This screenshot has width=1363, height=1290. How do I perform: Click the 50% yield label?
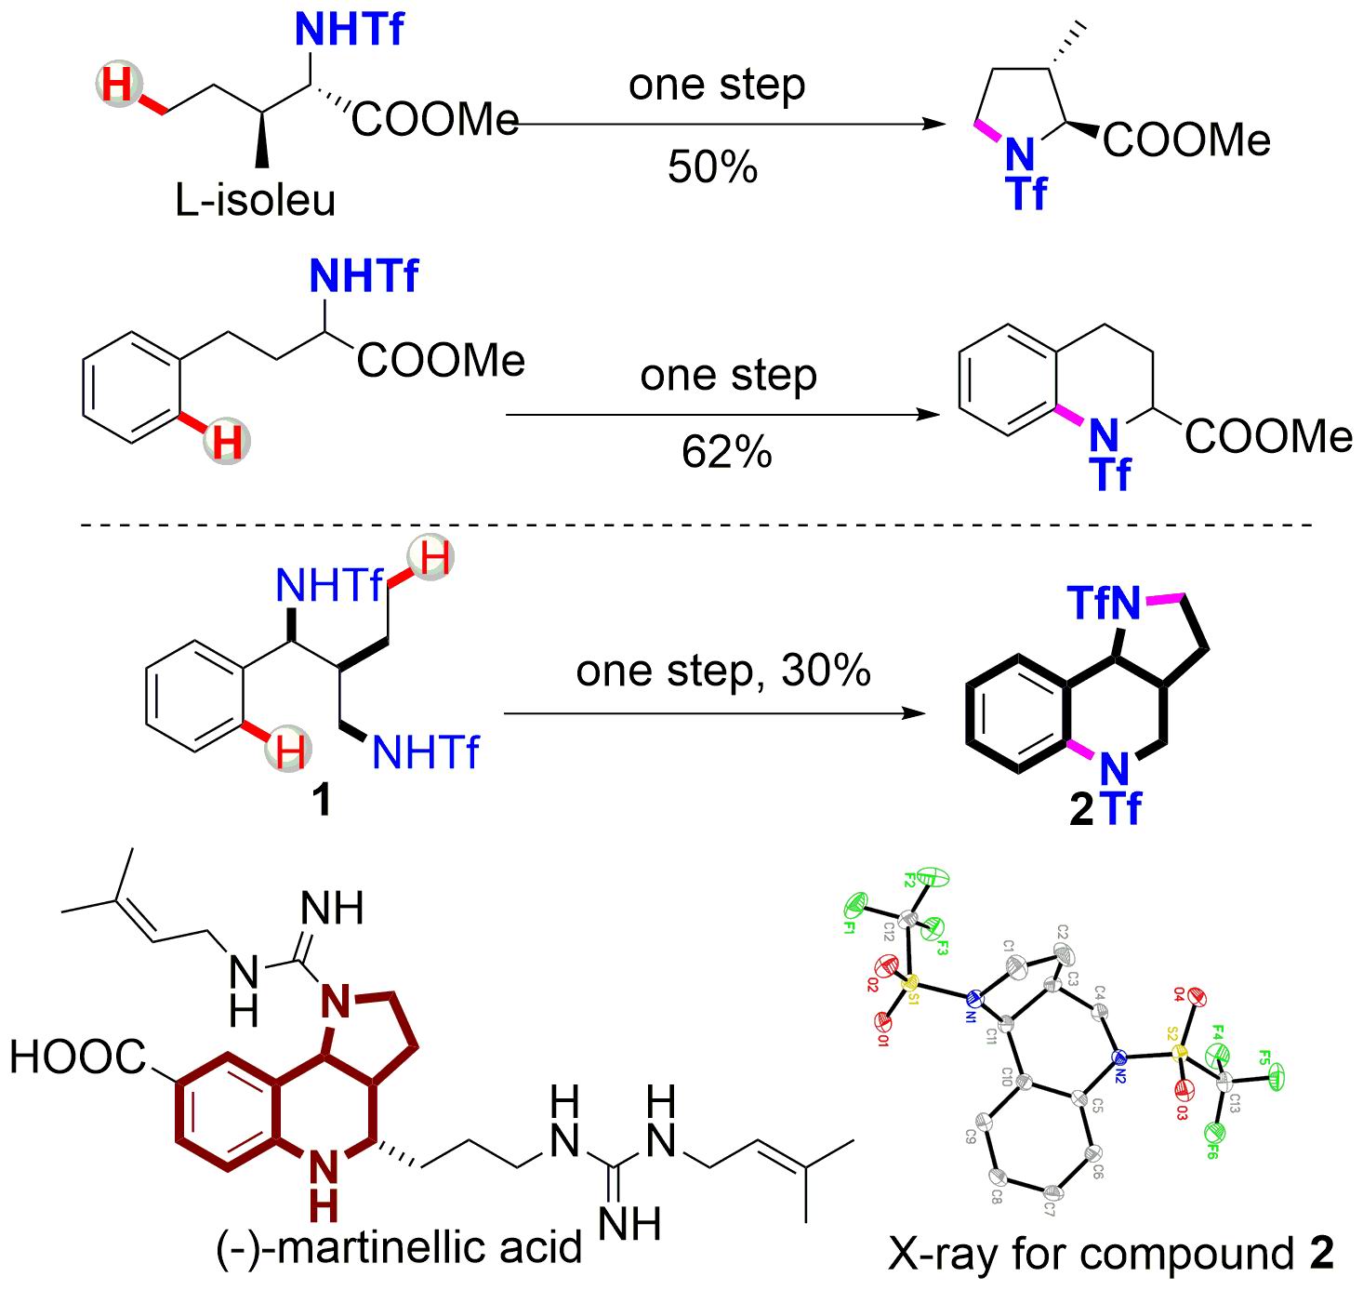click(x=712, y=168)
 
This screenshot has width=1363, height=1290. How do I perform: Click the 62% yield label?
click(x=726, y=452)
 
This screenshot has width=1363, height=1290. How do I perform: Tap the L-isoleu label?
click(x=255, y=201)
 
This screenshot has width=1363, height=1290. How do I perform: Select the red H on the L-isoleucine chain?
click(x=117, y=86)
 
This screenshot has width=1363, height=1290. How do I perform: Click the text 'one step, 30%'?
click(x=723, y=670)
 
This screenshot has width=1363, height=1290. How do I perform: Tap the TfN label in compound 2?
click(x=1104, y=605)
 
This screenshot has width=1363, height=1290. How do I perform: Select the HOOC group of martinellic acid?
click(x=78, y=1057)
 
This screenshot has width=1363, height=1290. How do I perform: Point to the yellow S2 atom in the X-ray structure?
click(x=1179, y=1053)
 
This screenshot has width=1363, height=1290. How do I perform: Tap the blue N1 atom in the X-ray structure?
click(x=973, y=999)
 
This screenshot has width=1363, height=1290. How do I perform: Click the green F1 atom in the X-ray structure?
click(x=856, y=904)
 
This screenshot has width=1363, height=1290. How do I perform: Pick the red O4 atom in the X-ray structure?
click(x=1198, y=1000)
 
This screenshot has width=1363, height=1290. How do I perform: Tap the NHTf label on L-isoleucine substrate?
click(x=349, y=30)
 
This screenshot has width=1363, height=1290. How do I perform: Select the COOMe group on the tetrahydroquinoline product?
click(x=1269, y=435)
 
